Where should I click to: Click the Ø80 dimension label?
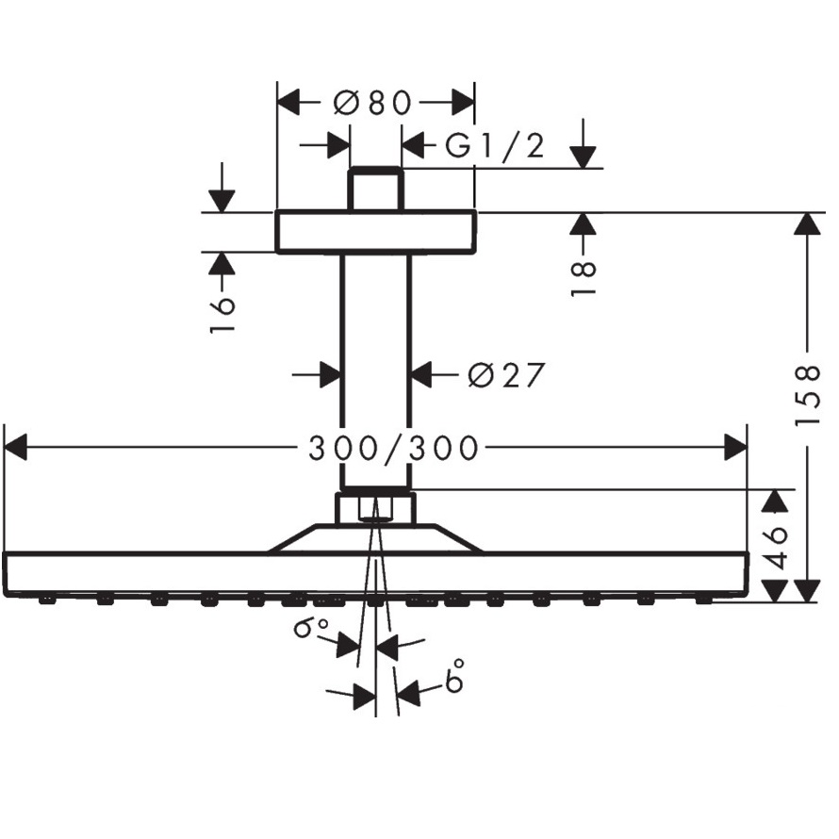click(x=374, y=102)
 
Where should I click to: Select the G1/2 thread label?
click(x=495, y=146)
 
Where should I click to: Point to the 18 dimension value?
click(x=584, y=279)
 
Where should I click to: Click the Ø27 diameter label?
click(x=506, y=375)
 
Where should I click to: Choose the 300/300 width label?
click(x=394, y=449)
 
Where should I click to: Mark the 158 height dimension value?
click(x=808, y=395)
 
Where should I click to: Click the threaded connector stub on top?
click(x=375, y=189)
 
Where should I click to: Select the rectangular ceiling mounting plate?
click(x=375, y=232)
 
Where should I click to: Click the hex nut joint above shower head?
click(x=375, y=509)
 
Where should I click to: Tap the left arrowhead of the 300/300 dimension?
click(x=17, y=449)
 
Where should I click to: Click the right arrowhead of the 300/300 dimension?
click(x=735, y=449)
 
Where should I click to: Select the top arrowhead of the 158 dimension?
click(x=807, y=223)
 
